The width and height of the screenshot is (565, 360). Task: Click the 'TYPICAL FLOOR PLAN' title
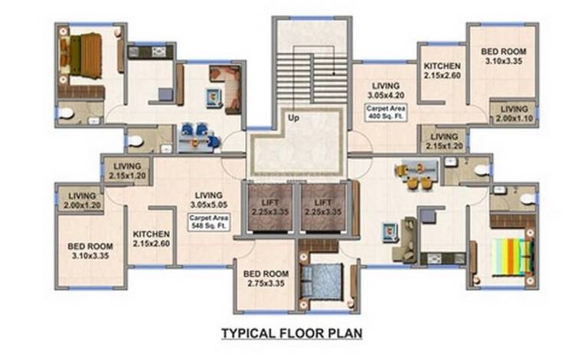pos(292,333)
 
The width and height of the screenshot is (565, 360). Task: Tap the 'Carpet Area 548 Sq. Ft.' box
pos(209,222)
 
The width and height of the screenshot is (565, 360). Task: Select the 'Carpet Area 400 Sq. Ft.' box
pos(386,113)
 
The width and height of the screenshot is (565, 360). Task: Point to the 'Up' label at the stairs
pos(293,118)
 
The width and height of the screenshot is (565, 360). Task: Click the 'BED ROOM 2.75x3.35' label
pos(266,279)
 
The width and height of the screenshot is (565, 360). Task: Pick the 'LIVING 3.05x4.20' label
pos(386,90)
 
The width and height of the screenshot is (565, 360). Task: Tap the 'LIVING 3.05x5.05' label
pos(209,200)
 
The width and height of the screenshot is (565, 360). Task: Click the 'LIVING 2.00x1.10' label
pos(514,113)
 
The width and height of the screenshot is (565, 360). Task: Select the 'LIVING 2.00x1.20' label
pos(82,201)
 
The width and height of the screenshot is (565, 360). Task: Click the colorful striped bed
pos(511,257)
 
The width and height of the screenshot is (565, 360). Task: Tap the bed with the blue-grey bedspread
pos(322,281)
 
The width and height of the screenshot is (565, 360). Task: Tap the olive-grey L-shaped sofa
pos(405,239)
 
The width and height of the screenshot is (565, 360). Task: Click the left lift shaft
pos(270,208)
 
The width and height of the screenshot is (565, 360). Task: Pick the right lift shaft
pos(323,208)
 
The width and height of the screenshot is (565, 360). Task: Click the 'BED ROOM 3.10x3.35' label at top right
pos(504,56)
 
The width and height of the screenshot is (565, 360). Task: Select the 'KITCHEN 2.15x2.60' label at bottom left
pos(152,238)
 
